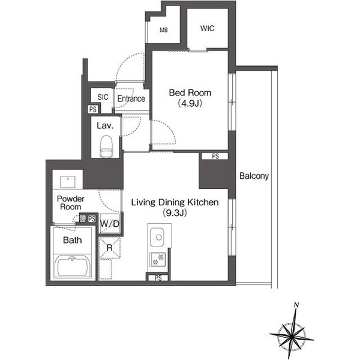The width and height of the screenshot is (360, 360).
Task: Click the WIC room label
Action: click(207, 28)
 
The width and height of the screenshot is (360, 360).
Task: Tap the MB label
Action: click(164, 30)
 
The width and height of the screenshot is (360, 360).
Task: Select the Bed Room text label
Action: click(190, 93)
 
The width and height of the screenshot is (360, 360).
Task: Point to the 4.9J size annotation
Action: click(190, 104)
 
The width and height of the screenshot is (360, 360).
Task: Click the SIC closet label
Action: click(103, 97)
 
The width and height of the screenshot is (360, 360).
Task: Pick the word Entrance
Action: click(131, 99)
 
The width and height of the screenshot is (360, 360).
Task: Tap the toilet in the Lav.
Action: click(106, 146)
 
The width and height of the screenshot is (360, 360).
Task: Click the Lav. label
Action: click(105, 126)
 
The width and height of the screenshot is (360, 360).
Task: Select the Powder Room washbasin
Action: click(67, 182)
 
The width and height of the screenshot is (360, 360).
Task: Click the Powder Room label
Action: click(70, 203)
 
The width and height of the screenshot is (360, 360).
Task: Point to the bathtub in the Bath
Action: click(73, 266)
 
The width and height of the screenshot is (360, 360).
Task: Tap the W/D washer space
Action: click(110, 223)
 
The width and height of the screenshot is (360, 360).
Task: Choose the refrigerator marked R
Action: click(110, 248)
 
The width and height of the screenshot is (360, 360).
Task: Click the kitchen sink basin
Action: click(157, 237)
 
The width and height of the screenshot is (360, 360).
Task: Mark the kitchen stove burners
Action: click(158, 259)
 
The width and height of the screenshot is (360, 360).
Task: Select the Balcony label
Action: click(254, 176)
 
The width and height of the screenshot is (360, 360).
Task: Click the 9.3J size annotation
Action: click(175, 213)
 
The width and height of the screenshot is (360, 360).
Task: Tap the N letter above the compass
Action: click(296, 305)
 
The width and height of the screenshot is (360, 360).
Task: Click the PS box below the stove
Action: click(158, 278)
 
